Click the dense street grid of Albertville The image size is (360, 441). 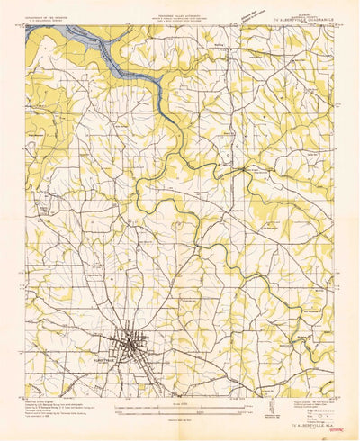click(130, 345)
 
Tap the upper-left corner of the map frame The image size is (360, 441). click(27, 25)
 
